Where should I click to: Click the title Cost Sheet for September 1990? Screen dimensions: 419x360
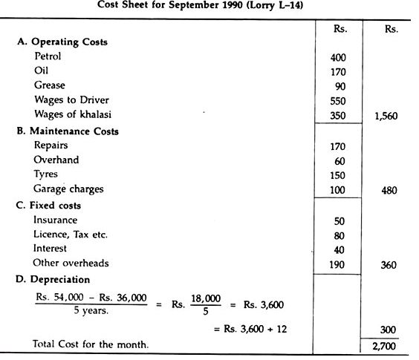pos(210,7)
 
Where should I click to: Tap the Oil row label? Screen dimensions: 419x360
pos(41,71)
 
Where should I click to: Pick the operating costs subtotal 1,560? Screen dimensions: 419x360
pos(385,116)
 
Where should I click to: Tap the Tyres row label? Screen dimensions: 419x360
pos(45,174)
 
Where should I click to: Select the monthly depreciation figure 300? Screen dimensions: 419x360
pos(387,329)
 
